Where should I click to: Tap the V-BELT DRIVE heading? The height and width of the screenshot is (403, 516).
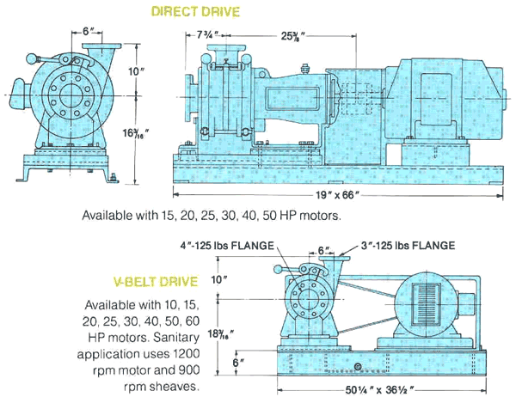pyautogui.click(x=159, y=280)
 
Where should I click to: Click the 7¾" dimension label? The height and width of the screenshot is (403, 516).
pyautogui.click(x=207, y=35)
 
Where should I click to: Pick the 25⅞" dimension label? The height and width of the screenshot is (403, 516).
pyautogui.click(x=297, y=35)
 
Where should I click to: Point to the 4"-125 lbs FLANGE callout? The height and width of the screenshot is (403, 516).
pyautogui.click(x=226, y=245)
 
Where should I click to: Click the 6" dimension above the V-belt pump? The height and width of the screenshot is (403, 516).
pyautogui.click(x=323, y=249)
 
